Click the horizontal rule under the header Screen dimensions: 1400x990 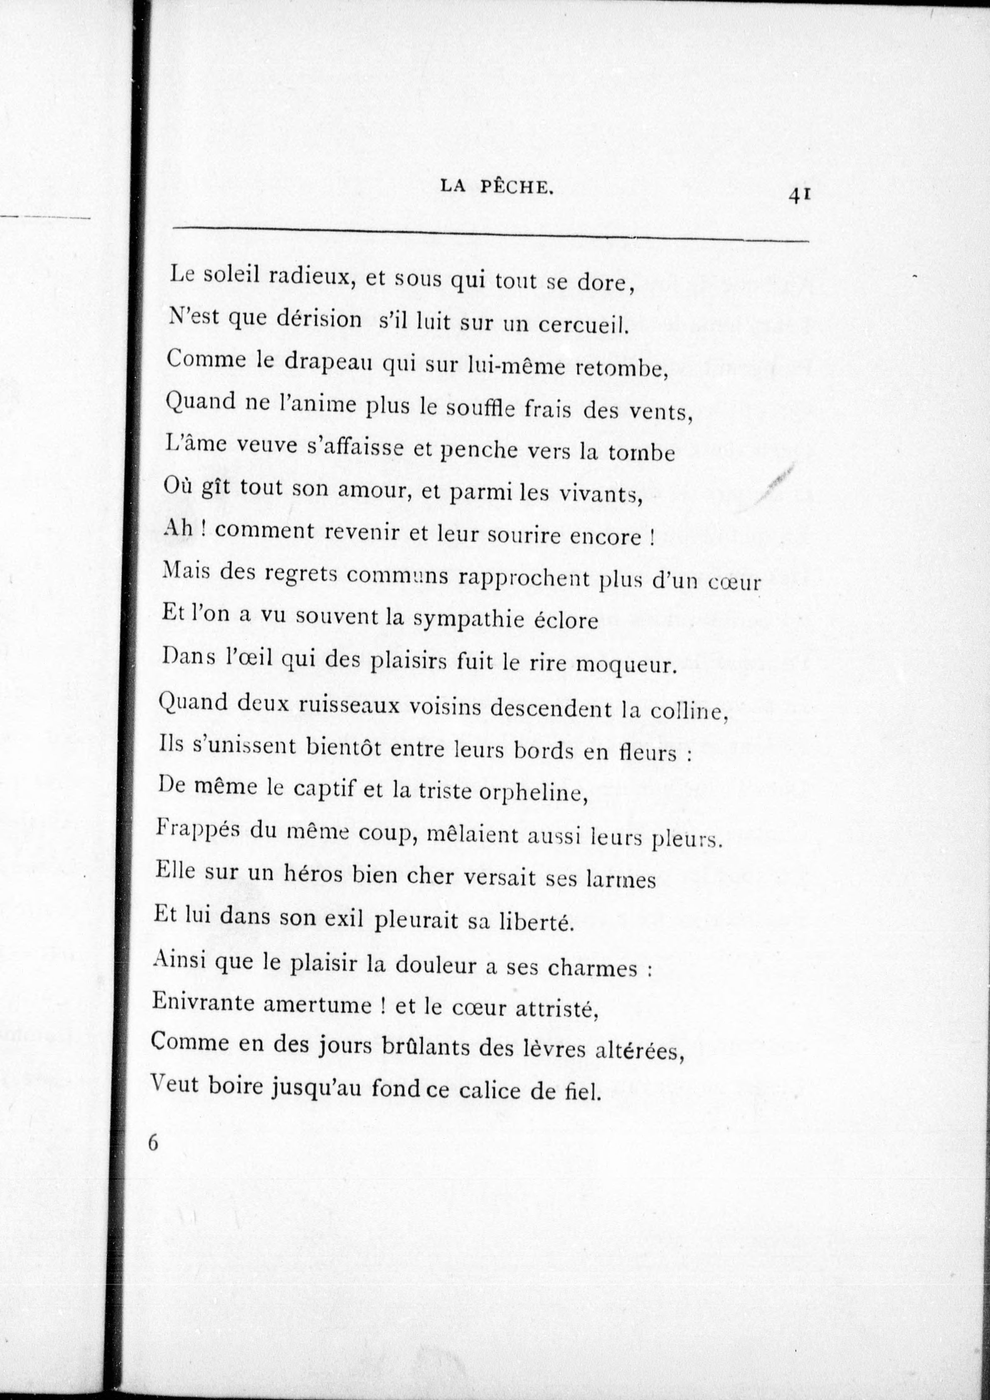(490, 236)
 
